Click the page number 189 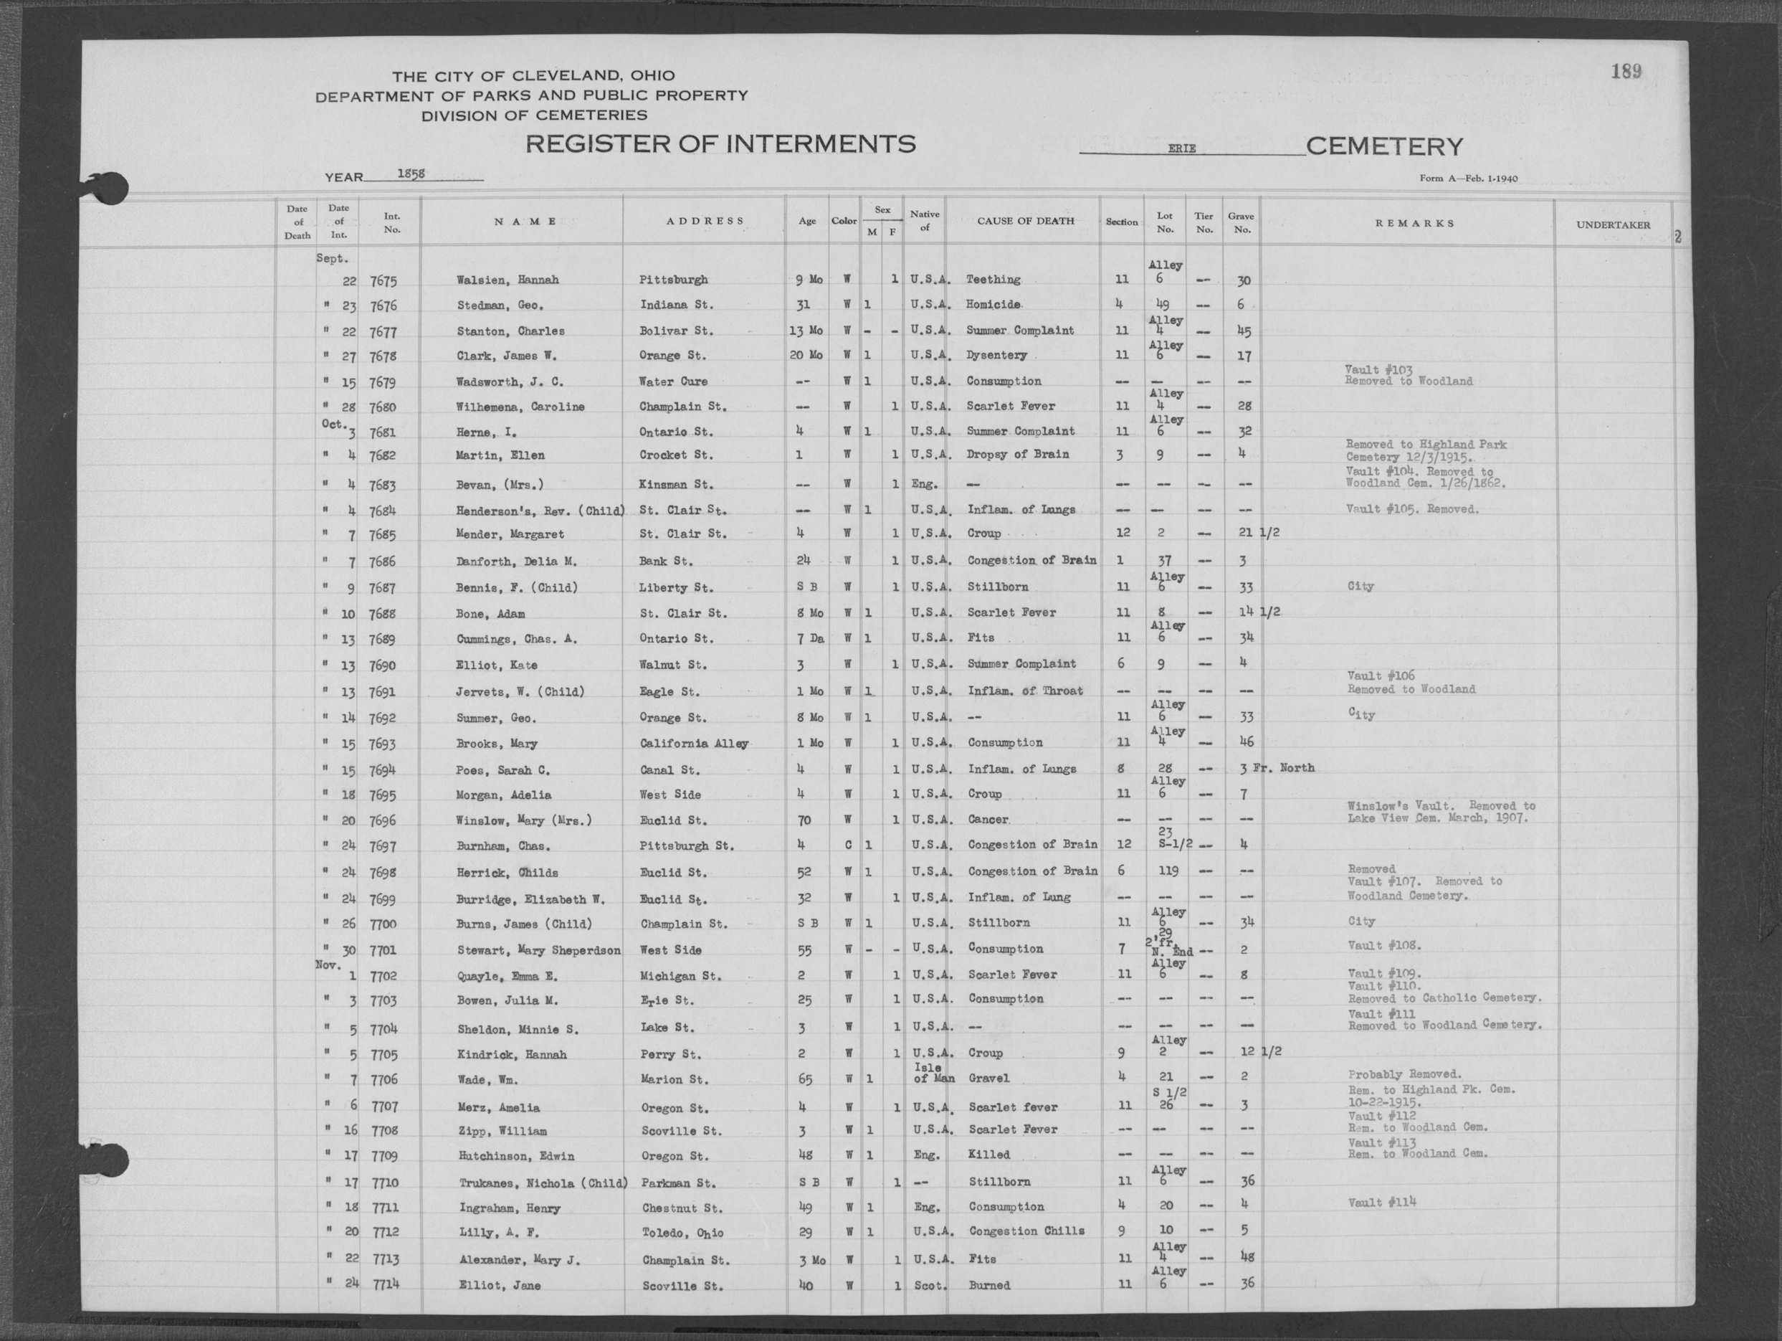tap(1626, 72)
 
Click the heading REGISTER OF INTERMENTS tap(720, 144)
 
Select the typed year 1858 tap(411, 174)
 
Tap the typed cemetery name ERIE tap(1182, 149)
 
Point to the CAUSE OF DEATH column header tap(1025, 221)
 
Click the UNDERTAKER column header tap(1613, 225)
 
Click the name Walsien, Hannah tap(507, 280)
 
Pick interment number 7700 tap(383, 924)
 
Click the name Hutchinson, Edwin tap(516, 1157)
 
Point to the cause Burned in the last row tap(988, 1285)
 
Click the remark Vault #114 tap(1381, 1203)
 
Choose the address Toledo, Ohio tap(682, 1233)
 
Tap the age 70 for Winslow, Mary tap(803, 820)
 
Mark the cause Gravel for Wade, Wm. tap(988, 1079)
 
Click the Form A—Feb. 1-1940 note tap(1468, 178)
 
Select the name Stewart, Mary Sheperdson tap(538, 951)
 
